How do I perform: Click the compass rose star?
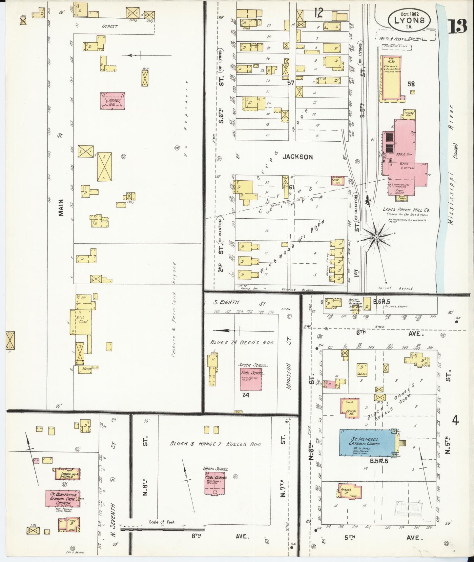click(x=377, y=236)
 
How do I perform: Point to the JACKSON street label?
click(x=298, y=157)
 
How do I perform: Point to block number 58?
click(x=411, y=84)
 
